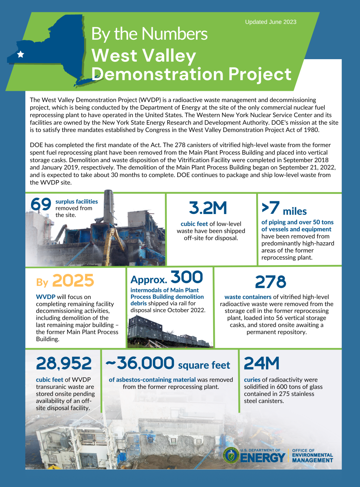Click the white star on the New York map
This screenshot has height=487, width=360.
[x=21, y=54]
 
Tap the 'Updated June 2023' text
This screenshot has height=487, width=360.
[x=271, y=22]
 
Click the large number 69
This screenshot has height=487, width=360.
[x=41, y=204]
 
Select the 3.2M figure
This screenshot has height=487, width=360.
[x=208, y=208]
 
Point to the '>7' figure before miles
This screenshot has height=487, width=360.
[x=270, y=208]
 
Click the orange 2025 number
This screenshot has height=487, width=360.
[x=73, y=281]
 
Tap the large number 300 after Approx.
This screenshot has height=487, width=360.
[x=187, y=277]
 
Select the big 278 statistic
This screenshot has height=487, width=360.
[x=270, y=282]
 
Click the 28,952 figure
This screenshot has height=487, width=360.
[x=64, y=363]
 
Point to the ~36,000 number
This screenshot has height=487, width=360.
[x=140, y=363]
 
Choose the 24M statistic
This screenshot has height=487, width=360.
[x=261, y=363]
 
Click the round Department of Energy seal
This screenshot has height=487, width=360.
[x=231, y=455]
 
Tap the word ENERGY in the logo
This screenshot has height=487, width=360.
[x=263, y=458]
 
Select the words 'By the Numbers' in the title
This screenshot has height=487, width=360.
[x=149, y=34]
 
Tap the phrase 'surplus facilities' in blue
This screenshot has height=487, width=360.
[x=77, y=202]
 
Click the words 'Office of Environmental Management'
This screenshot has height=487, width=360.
[x=312, y=456]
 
